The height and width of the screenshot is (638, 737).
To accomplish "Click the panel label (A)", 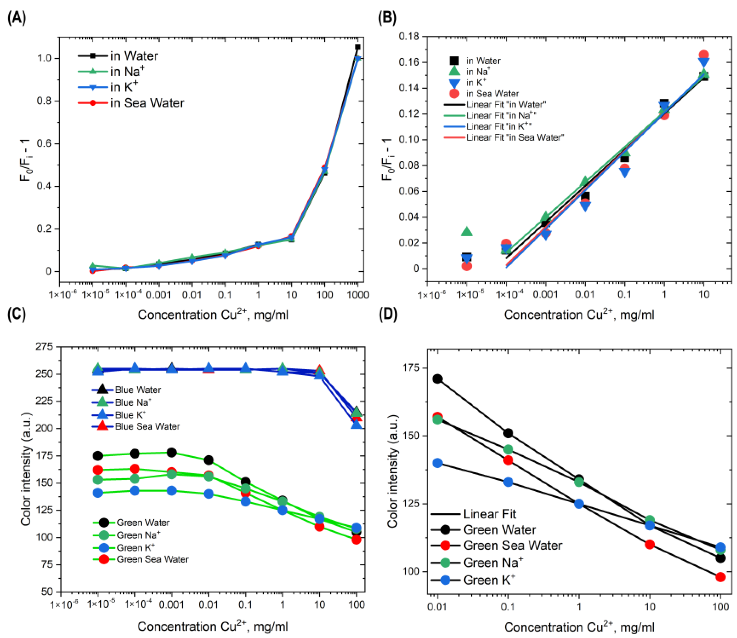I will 16,18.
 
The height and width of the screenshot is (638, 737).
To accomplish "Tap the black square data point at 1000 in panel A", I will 358,47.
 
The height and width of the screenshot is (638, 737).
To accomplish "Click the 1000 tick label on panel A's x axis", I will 358,295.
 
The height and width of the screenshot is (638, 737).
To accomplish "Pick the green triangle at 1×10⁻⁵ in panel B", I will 467,232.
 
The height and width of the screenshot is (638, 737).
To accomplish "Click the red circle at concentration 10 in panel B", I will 703,55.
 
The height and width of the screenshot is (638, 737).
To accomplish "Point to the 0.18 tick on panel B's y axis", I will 409,36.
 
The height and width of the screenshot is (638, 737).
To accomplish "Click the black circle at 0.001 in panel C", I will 171,453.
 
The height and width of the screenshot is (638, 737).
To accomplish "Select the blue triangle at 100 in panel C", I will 356,424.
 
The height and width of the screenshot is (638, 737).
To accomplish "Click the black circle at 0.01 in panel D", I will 438,379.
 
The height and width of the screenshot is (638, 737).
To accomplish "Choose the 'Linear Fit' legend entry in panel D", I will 489,514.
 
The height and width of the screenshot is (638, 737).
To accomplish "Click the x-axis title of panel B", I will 579,315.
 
